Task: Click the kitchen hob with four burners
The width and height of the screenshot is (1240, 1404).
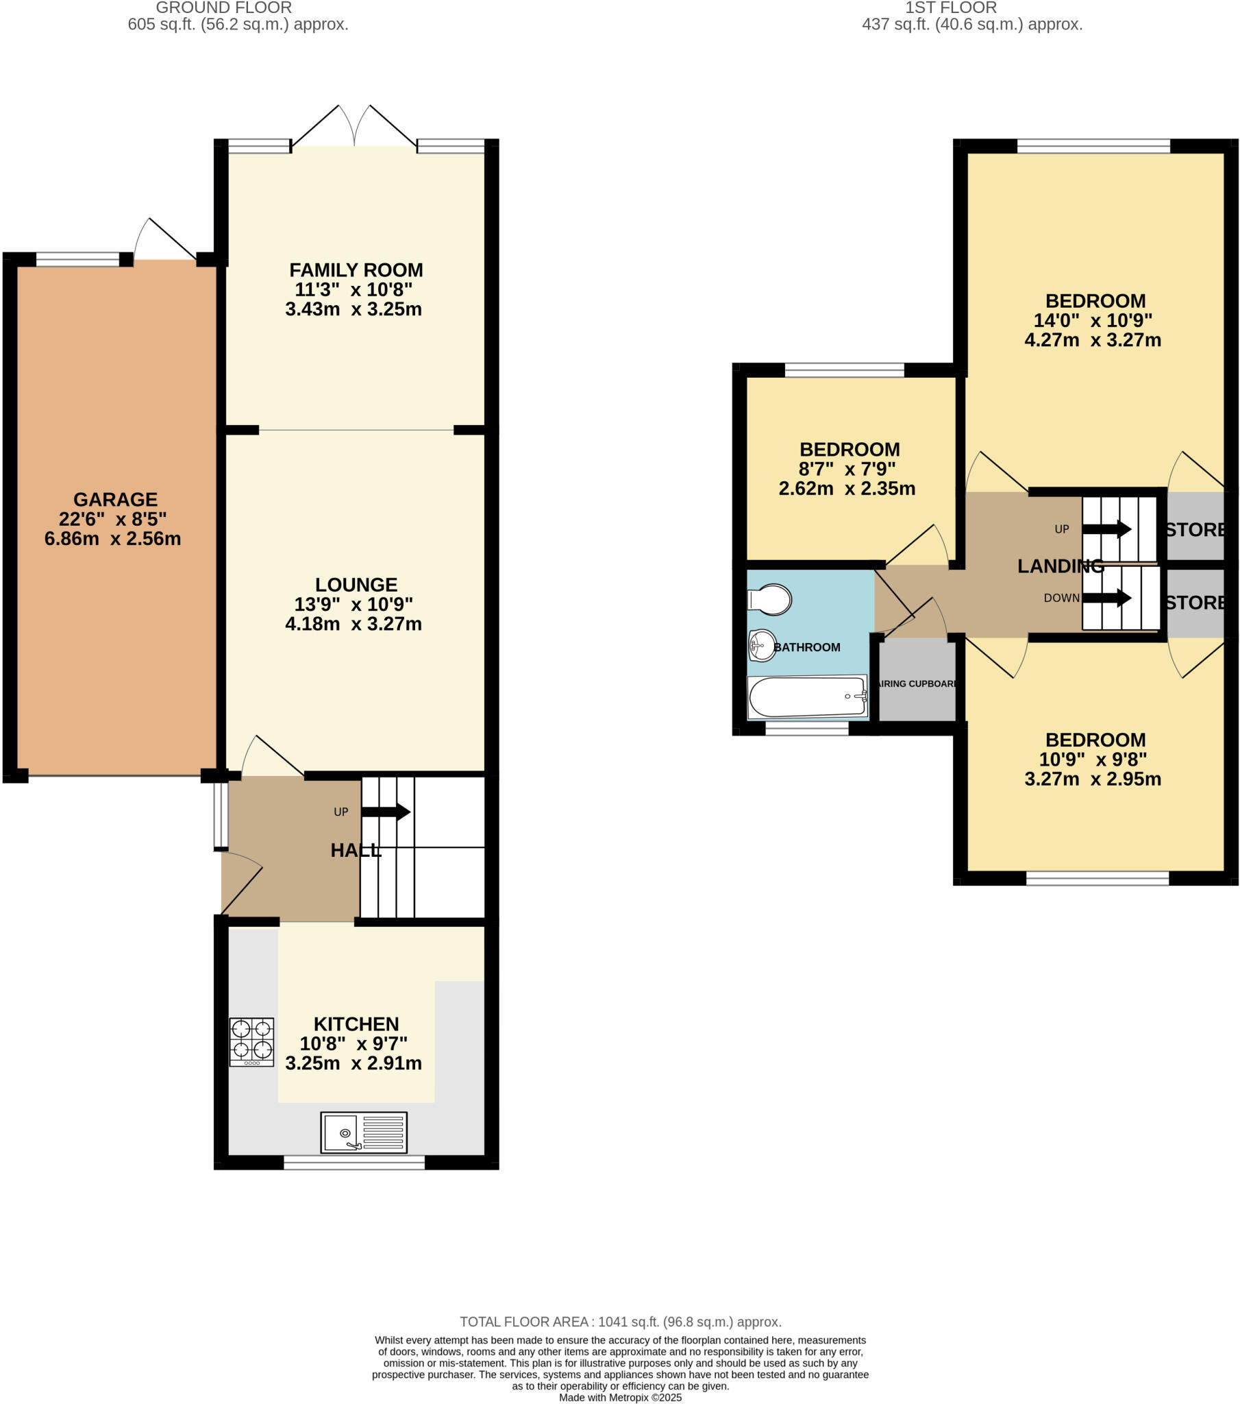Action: (x=251, y=1041)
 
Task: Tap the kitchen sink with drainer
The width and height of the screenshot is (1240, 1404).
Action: (x=363, y=1132)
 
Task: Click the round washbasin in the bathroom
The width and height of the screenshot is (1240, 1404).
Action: (x=762, y=645)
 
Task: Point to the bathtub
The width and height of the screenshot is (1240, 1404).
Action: (x=808, y=697)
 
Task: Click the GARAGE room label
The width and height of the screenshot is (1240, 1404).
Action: (x=115, y=499)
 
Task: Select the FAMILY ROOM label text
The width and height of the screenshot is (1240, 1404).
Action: (x=356, y=270)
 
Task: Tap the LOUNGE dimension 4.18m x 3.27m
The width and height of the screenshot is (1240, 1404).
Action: (x=353, y=624)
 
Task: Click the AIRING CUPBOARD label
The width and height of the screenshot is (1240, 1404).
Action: (x=917, y=683)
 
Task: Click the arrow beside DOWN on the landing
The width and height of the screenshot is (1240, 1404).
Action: (x=1106, y=598)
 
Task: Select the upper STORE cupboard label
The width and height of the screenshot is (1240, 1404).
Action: (x=1195, y=530)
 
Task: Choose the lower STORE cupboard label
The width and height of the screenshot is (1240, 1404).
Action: (x=1195, y=603)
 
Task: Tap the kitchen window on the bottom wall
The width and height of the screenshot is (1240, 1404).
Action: (x=354, y=1162)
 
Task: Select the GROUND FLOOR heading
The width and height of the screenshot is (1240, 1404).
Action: (x=224, y=8)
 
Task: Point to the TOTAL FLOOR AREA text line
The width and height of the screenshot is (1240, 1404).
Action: (x=620, y=1322)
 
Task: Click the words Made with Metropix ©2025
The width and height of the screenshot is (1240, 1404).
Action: (x=620, y=1397)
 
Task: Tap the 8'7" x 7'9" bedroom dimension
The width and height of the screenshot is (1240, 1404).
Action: (x=847, y=469)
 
